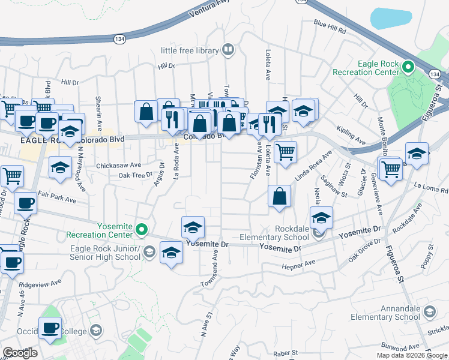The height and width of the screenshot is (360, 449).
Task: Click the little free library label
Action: [188, 51]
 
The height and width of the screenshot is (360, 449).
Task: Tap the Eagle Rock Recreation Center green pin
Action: [409, 67]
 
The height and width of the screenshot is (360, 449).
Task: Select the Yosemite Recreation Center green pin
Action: [142, 229]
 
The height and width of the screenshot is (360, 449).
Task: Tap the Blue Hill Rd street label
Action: [330, 28]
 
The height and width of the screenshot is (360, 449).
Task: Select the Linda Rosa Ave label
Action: [313, 166]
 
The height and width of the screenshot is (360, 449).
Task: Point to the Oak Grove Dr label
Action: [364, 253]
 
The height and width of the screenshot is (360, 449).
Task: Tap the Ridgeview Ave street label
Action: [40, 282]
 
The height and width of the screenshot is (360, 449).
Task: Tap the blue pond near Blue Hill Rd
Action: [391, 17]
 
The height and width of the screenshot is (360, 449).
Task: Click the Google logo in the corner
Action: [20, 352]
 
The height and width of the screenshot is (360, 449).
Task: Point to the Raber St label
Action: [286, 353]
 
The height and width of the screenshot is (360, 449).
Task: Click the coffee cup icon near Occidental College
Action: [50, 328]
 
